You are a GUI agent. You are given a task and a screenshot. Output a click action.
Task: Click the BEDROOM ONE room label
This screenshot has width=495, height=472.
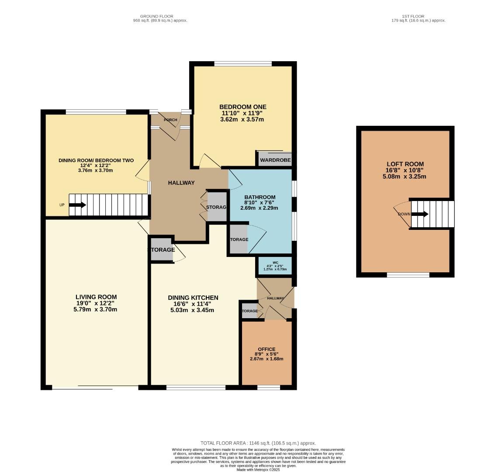242,107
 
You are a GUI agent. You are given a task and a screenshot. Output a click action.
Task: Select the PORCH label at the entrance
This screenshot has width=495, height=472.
170,120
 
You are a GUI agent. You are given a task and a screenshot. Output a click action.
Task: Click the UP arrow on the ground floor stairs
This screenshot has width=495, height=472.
77,205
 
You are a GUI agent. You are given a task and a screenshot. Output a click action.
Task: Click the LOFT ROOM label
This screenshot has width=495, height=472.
404,164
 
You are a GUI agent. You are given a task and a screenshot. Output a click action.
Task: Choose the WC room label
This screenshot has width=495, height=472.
275,263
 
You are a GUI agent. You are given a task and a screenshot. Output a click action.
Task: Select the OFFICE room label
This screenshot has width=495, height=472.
267,349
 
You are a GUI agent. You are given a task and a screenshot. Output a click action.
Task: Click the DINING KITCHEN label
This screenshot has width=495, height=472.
193,298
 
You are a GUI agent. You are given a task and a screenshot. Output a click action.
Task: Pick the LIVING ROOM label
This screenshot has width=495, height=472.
96,297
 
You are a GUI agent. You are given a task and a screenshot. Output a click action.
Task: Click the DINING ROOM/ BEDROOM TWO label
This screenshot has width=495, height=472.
96,160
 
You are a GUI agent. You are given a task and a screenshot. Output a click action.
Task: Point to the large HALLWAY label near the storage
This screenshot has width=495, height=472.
181,183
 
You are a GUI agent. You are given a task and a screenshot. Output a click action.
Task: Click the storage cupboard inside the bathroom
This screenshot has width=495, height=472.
239,239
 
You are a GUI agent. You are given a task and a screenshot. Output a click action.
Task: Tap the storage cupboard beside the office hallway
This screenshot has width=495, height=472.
249,311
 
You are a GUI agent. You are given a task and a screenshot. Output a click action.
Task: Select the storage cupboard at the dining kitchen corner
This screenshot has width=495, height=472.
161,250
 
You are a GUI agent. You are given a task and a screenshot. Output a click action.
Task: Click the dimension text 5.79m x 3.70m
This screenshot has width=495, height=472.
96,309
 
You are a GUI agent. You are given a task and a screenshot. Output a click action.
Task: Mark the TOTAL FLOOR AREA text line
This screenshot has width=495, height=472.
258,443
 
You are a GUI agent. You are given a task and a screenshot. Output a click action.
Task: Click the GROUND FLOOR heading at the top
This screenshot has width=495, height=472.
160,16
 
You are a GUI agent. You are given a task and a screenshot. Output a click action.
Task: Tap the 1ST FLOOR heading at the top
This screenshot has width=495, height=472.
418,16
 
